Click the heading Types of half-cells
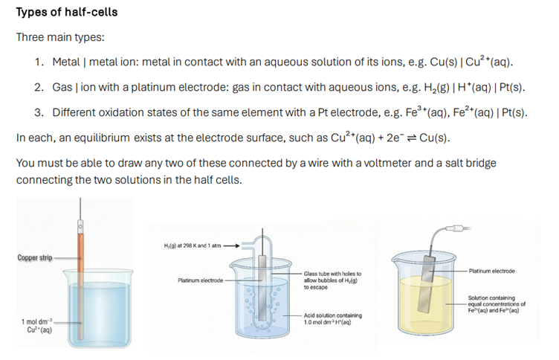tap(67, 12)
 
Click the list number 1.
tap(39, 62)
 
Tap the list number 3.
tap(39, 113)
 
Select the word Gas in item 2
tap(62, 88)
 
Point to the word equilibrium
tap(102, 138)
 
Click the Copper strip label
tap(35, 257)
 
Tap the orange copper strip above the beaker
tap(81, 257)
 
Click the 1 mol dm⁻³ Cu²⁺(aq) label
tap(36, 326)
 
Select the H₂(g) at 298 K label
tap(193, 245)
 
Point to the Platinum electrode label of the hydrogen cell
tap(201, 280)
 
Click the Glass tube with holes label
tap(332, 280)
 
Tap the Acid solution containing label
tap(332, 318)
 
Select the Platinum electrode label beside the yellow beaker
tap(491, 271)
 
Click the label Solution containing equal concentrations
tap(497, 304)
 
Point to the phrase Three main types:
tap(60, 37)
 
